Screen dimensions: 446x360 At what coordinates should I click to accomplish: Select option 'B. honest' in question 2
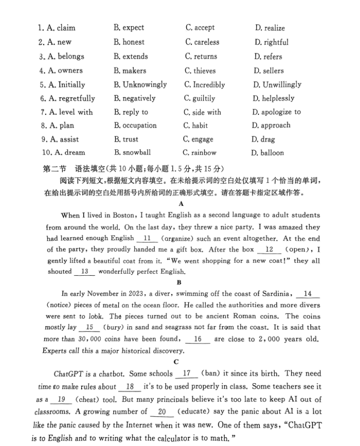129,42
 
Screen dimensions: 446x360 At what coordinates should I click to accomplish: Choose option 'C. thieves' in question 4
200,71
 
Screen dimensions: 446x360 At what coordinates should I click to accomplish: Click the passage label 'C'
177,361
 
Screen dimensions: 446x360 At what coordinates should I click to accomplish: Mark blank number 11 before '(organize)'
147,238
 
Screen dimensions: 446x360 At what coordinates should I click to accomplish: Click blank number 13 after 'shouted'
84,272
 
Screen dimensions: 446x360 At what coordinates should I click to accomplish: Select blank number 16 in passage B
198,339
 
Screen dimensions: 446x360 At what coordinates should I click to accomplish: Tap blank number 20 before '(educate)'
161,412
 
